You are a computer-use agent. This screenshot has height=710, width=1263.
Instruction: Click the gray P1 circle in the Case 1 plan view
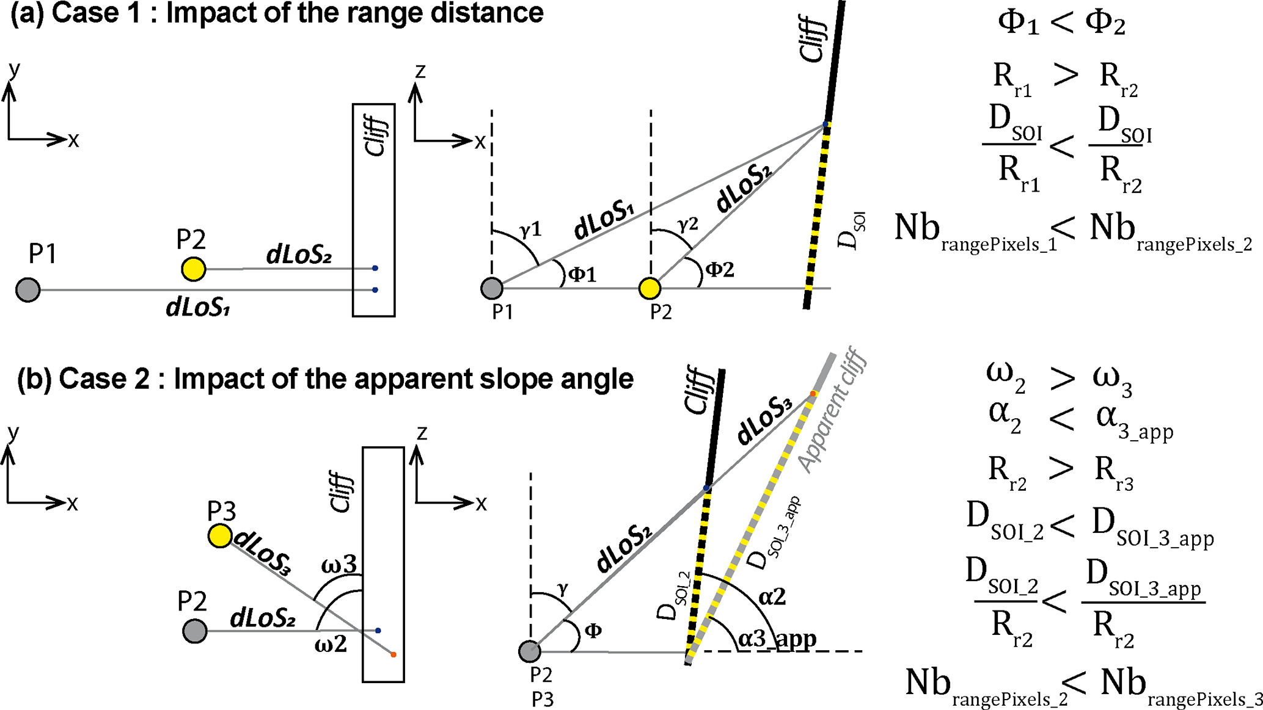coord(27,289)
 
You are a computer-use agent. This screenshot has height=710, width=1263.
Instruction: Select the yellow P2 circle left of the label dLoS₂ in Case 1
coord(194,269)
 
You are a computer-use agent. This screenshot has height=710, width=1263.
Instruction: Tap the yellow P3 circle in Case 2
coord(220,536)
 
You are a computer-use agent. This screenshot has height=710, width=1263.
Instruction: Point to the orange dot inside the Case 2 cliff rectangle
coord(394,654)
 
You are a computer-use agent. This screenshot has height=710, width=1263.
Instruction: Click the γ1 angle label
coord(530,230)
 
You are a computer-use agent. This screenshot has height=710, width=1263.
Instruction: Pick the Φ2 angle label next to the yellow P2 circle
coord(719,269)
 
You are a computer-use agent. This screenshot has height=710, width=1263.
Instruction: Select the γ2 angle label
coord(687,224)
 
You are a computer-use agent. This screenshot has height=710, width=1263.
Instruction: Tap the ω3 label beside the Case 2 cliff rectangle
coord(339,564)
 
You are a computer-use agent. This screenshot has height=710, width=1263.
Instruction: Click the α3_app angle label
coord(777,639)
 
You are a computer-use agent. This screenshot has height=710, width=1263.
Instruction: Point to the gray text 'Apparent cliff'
coord(833,410)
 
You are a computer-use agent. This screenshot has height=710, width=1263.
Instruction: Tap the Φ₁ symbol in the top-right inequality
coord(1018,24)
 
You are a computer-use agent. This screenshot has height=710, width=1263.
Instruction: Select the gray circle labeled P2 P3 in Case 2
coord(530,651)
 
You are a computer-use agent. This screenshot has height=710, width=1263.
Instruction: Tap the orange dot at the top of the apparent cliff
coord(813,394)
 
